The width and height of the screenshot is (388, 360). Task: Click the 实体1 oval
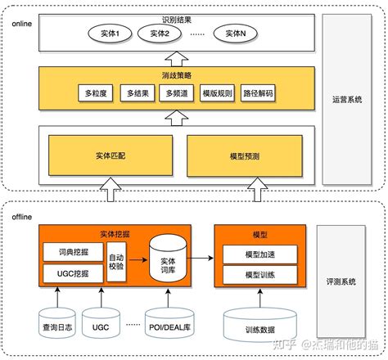(x=111, y=34)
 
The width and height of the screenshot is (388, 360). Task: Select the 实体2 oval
(x=159, y=34)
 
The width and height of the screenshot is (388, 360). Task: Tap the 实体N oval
(x=235, y=34)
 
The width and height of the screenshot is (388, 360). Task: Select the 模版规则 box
(x=216, y=94)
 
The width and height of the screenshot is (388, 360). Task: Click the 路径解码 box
(x=261, y=94)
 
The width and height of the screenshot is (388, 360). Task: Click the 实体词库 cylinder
(x=169, y=260)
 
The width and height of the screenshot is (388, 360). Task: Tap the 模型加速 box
(x=259, y=254)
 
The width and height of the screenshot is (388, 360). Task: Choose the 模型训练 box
(x=259, y=273)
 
